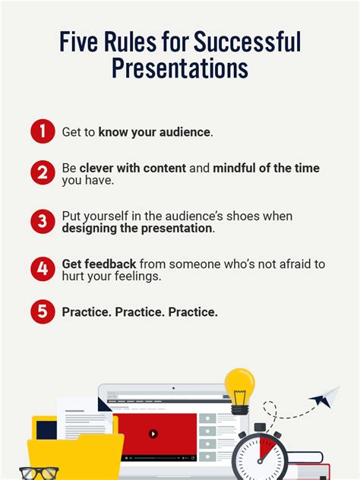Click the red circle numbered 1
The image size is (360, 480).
(43, 132)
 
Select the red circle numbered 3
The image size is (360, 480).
(43, 222)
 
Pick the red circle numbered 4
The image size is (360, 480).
(43, 270)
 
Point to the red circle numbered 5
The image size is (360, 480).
(43, 311)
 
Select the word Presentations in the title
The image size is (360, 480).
(180, 68)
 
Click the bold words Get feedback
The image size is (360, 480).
(99, 264)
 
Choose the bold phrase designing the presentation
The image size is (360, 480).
(137, 229)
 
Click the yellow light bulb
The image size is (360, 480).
(239, 387)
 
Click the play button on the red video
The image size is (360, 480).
(153, 434)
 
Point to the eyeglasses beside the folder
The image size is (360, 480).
(38, 472)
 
